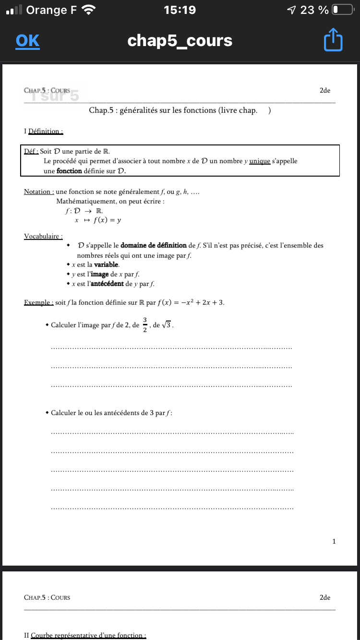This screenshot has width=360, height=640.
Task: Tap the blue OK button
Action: [x=27, y=41]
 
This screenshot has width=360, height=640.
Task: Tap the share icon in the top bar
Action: [x=333, y=40]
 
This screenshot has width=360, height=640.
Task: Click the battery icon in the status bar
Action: [x=342, y=10]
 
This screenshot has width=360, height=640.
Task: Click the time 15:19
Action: [x=180, y=10]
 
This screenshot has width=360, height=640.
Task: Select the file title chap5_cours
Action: [x=180, y=41]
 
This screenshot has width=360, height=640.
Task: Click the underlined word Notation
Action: [x=38, y=192]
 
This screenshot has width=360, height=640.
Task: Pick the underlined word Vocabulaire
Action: [x=43, y=236]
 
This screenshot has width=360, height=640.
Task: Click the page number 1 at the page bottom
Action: [x=334, y=542]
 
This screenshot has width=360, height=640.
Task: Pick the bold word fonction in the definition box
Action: [x=69, y=171]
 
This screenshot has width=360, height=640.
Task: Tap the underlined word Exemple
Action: [x=38, y=303]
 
